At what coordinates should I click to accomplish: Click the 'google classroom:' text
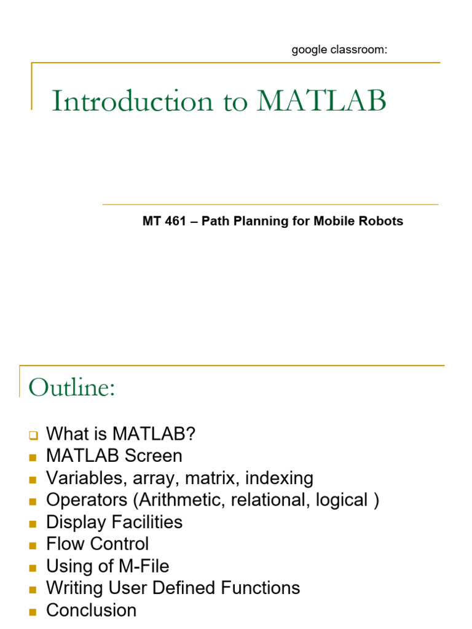point(339,50)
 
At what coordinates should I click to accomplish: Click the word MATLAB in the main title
point(321,101)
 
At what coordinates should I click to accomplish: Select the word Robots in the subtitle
point(382,221)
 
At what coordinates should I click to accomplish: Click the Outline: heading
point(72,388)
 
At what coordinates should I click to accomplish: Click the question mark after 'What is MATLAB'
point(191,434)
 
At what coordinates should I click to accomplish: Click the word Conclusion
point(92,611)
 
